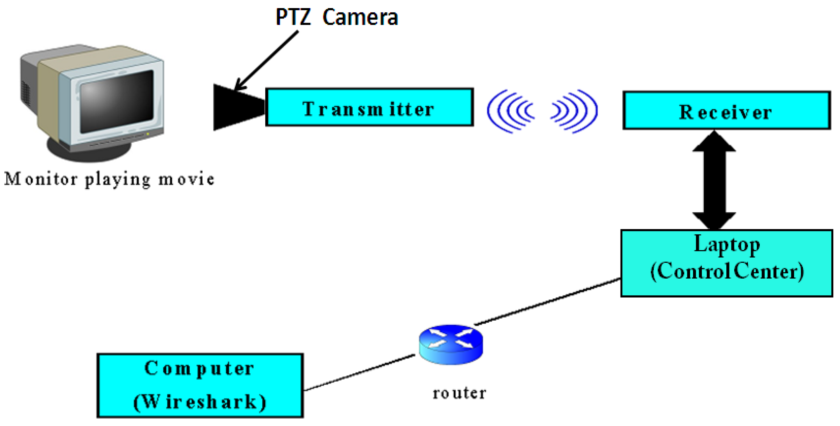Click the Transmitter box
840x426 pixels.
(369, 107)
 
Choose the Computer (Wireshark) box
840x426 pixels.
(200, 385)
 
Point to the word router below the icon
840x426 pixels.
(459, 393)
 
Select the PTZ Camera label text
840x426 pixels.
(337, 17)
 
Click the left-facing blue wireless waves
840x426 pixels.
(510, 111)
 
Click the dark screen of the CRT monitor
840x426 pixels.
(117, 101)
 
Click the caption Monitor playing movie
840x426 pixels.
(109, 179)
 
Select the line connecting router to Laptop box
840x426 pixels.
(548, 301)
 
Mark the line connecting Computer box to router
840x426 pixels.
(359, 373)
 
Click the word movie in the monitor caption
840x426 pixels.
(186, 179)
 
